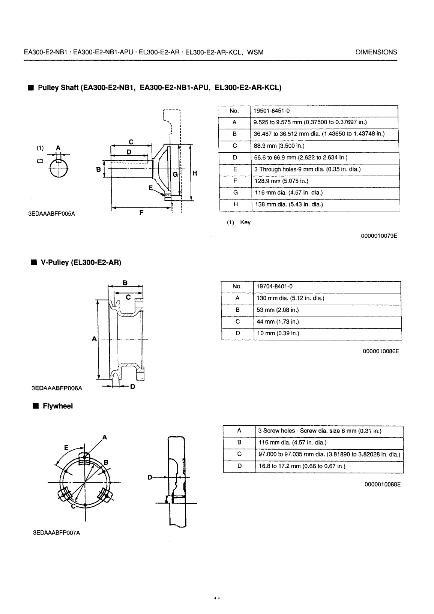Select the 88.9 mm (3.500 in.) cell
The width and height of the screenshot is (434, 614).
click(x=279, y=146)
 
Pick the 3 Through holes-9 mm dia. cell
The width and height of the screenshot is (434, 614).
click(x=307, y=169)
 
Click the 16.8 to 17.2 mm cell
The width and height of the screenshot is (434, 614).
click(x=302, y=466)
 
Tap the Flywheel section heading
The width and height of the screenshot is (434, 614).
click(x=58, y=406)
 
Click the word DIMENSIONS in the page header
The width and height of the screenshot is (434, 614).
click(x=376, y=53)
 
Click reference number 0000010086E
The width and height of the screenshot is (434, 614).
click(x=381, y=351)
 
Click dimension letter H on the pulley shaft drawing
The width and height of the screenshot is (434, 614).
click(x=195, y=173)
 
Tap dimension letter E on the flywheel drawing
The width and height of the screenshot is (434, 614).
click(x=66, y=447)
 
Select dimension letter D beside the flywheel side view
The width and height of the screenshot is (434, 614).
click(x=150, y=477)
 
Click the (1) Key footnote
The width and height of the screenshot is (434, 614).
click(x=239, y=222)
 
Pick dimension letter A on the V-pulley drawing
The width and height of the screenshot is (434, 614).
click(x=94, y=339)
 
